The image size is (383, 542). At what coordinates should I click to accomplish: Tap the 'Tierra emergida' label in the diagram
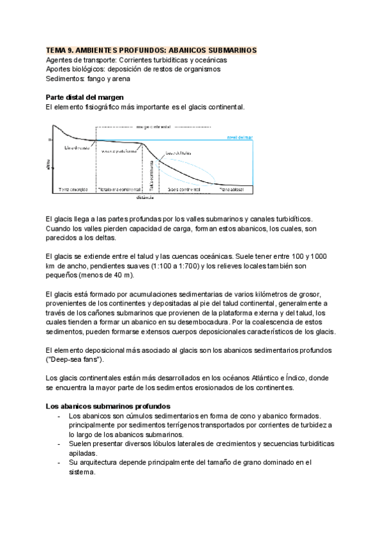click(x=72, y=190)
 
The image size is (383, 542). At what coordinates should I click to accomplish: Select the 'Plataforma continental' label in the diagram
click(x=119, y=190)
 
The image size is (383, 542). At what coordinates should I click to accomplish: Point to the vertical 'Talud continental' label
click(x=151, y=176)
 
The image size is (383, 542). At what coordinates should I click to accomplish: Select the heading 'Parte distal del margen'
click(x=80, y=97)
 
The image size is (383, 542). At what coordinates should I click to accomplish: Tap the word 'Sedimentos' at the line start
click(x=66, y=79)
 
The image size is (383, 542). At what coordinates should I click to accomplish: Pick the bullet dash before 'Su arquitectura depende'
click(x=59, y=462)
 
